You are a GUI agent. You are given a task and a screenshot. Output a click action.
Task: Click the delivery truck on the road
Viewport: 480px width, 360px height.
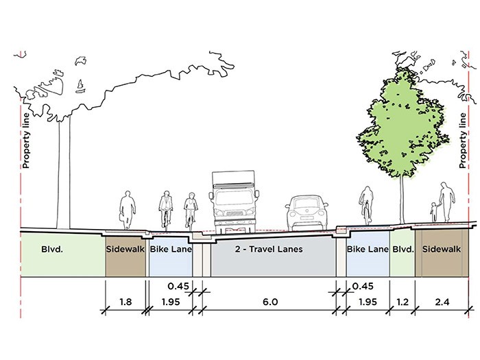(235, 202)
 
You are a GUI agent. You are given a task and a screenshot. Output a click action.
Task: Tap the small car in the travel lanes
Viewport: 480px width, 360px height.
(307, 213)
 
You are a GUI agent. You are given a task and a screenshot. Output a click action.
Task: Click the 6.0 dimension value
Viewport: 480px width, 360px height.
(270, 302)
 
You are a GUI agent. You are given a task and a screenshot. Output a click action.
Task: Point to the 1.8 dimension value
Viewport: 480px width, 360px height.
(125, 302)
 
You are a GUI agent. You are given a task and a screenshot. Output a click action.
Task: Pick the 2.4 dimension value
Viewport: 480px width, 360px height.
(442, 302)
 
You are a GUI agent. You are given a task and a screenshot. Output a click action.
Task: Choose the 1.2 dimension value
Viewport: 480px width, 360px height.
(403, 302)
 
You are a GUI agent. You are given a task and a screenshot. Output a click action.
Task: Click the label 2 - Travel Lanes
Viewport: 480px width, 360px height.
(269, 249)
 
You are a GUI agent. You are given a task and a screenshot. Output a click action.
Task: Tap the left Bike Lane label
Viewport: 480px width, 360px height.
(171, 249)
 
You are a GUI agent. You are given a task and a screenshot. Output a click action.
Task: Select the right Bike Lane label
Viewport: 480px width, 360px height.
(368, 249)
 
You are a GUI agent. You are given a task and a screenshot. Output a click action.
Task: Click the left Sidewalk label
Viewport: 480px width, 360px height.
(125, 249)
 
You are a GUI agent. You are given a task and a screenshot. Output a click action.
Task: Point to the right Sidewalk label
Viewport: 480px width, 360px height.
(442, 249)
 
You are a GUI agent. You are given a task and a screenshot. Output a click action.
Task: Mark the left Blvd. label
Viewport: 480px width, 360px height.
(52, 249)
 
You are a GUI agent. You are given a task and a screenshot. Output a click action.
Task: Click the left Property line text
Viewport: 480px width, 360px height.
(26, 141)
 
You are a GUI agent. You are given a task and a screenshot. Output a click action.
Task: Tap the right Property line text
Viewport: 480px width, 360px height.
(463, 141)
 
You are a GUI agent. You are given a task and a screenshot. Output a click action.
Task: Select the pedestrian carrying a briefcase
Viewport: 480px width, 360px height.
(127, 211)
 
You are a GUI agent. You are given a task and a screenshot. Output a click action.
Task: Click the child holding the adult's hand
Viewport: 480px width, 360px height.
(434, 212)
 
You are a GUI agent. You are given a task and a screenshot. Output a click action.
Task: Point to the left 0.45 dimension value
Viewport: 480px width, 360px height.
(178, 286)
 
